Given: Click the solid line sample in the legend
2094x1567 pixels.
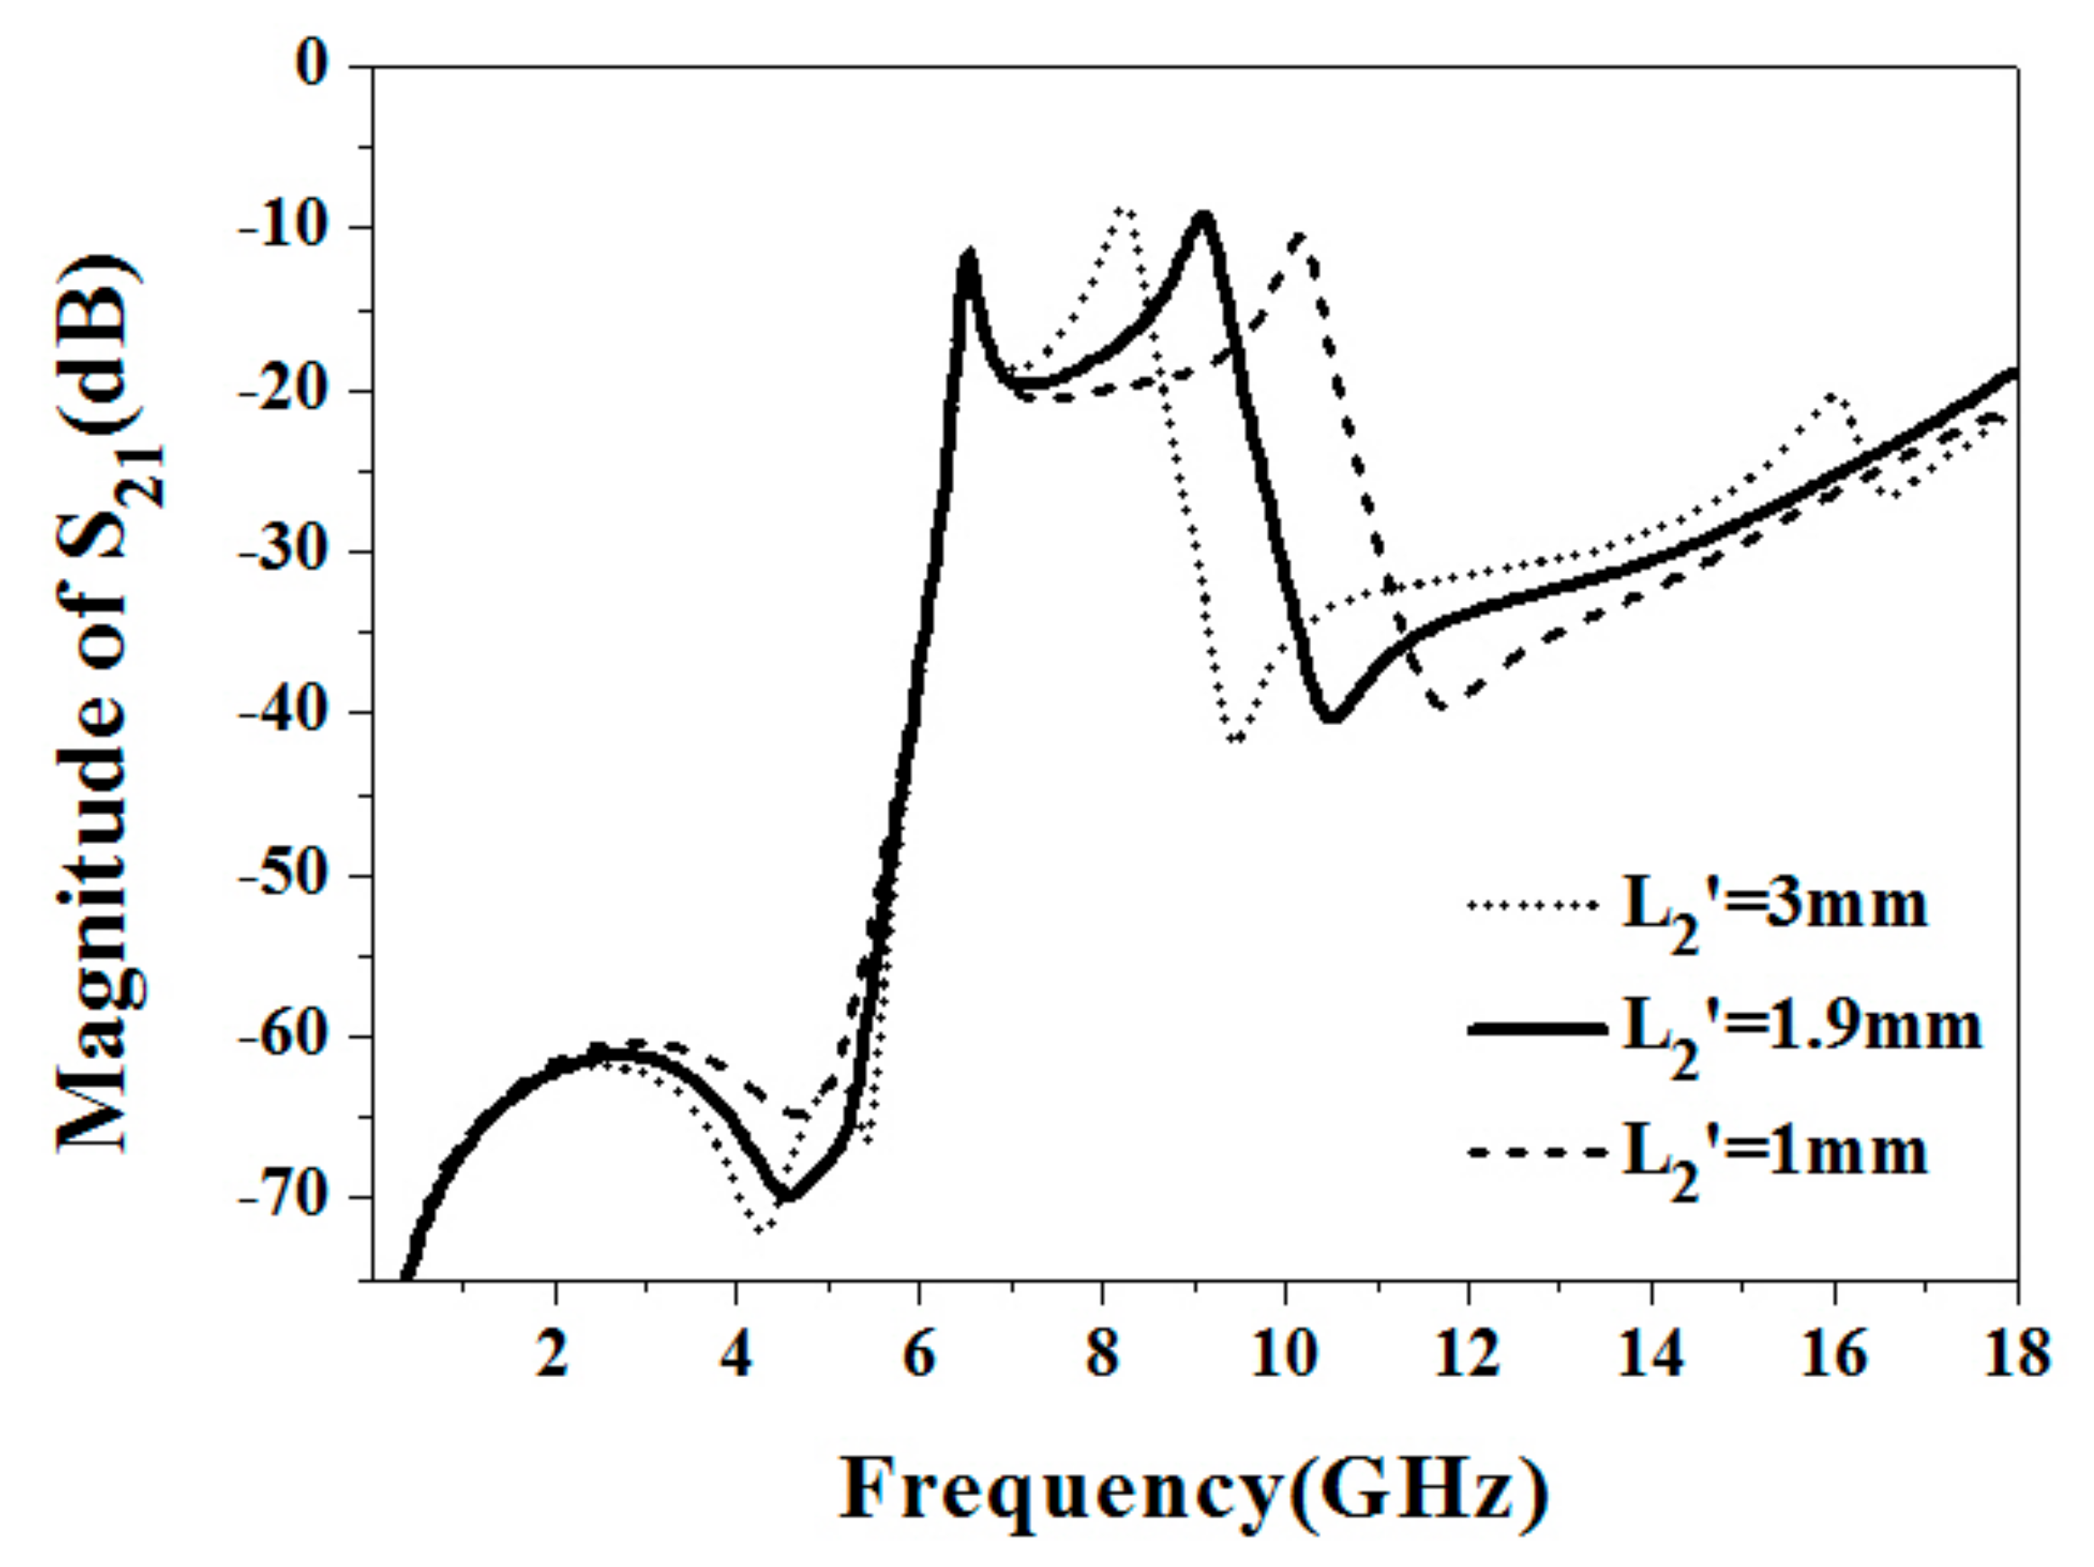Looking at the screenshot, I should pos(1535,1029).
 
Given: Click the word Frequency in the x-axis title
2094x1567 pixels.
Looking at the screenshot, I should pos(1061,1489).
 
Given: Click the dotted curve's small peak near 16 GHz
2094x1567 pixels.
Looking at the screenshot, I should pos(1834,395).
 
